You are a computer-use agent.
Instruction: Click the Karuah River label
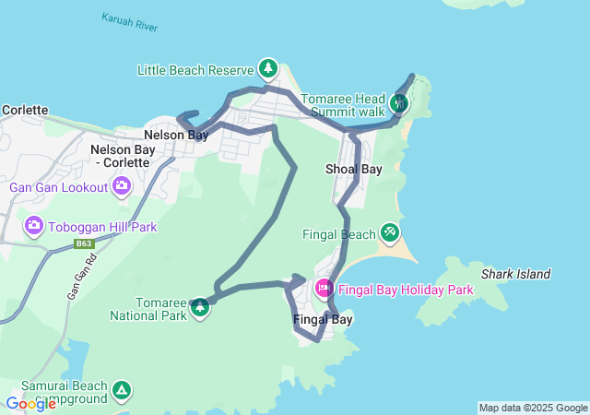(x=130, y=22)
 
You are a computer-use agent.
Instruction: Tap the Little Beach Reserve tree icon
(x=268, y=67)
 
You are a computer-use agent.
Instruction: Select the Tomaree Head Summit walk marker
(x=399, y=102)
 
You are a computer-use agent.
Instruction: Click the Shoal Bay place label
(x=354, y=170)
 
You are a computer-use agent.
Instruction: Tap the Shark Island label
(x=515, y=274)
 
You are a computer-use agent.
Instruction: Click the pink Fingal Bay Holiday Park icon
(x=324, y=288)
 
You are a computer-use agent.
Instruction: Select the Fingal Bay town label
(x=323, y=320)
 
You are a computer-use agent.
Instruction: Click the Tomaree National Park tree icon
(x=200, y=308)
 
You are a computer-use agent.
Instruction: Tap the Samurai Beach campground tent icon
(x=122, y=392)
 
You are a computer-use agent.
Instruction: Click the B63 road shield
(x=85, y=243)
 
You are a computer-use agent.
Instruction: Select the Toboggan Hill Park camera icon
(x=34, y=226)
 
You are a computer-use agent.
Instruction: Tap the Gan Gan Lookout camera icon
(x=122, y=187)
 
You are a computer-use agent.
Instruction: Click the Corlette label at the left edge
(x=24, y=110)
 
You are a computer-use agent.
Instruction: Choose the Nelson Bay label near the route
(x=176, y=135)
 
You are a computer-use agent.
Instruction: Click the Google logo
(x=31, y=404)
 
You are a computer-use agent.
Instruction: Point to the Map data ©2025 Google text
(x=533, y=408)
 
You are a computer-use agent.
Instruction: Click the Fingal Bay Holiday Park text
(x=406, y=290)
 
